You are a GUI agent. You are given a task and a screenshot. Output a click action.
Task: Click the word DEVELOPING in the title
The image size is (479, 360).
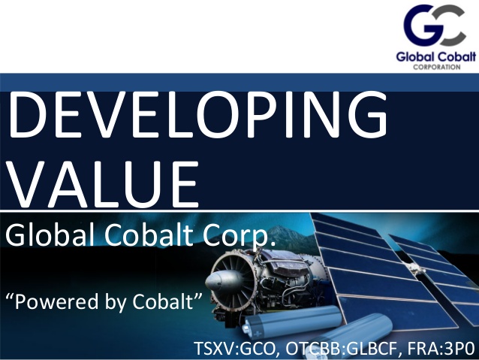[198, 115]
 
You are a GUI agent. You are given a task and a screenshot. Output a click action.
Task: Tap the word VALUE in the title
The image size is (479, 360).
[104, 184]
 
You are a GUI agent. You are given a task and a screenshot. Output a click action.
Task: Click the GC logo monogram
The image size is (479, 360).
[435, 26]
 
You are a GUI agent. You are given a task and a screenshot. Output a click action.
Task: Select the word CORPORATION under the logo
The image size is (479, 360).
[436, 67]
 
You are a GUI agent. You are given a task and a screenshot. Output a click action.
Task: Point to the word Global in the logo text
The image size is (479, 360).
[415, 57]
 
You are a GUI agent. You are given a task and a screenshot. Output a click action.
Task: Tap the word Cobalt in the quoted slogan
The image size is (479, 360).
[163, 301]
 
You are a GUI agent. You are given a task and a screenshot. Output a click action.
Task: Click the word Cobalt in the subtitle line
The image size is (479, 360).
[149, 235]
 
